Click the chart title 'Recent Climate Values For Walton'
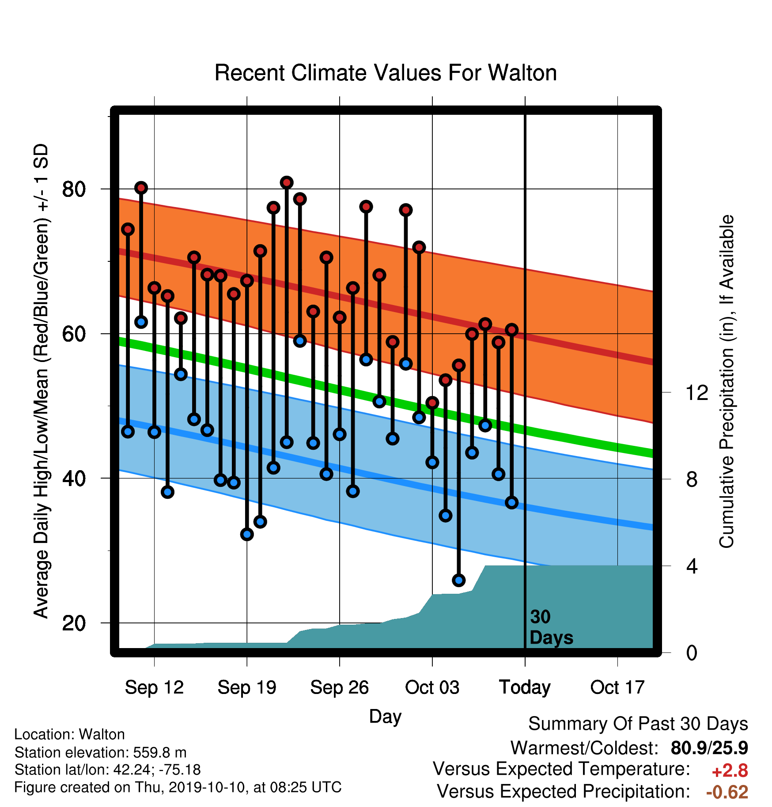[x=386, y=73]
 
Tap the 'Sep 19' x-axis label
[x=247, y=687]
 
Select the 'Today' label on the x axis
[x=525, y=687]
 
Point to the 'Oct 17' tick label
[x=617, y=687]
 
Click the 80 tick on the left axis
[x=74, y=189]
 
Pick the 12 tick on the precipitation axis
[x=696, y=392]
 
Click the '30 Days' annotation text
[x=551, y=627]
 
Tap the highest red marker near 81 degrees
[x=287, y=182]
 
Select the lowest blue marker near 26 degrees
[x=458, y=580]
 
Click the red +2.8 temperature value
[x=730, y=771]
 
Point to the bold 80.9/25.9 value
[x=709, y=748]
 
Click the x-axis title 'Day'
[x=385, y=717]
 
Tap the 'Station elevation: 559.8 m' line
[x=100, y=752]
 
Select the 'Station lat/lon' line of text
[x=107, y=769]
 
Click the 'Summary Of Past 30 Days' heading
[x=638, y=724]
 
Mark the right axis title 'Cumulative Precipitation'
[x=727, y=381]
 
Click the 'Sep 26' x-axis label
[x=340, y=687]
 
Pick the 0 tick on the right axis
[x=692, y=652]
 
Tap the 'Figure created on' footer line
[x=178, y=787]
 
